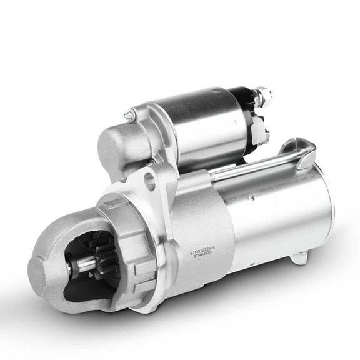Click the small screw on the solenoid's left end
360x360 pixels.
pos(129,115)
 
